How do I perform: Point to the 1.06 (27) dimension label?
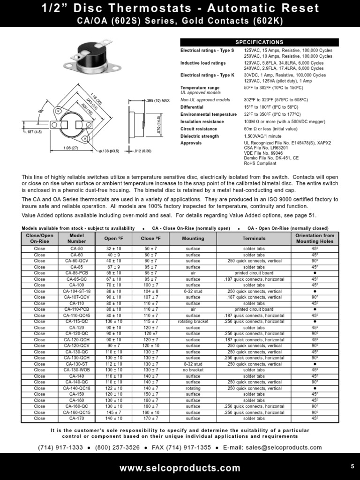71,148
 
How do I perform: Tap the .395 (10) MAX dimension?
156,100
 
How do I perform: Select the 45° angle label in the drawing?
40,111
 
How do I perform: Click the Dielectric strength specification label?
200,136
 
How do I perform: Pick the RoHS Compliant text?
260,164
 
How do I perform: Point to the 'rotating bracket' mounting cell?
193,322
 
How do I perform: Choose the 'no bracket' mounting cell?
193,370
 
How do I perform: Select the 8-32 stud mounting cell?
193,364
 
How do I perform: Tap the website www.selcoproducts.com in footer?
180,468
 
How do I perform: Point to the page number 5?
352,466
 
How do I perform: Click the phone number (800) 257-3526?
117,448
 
